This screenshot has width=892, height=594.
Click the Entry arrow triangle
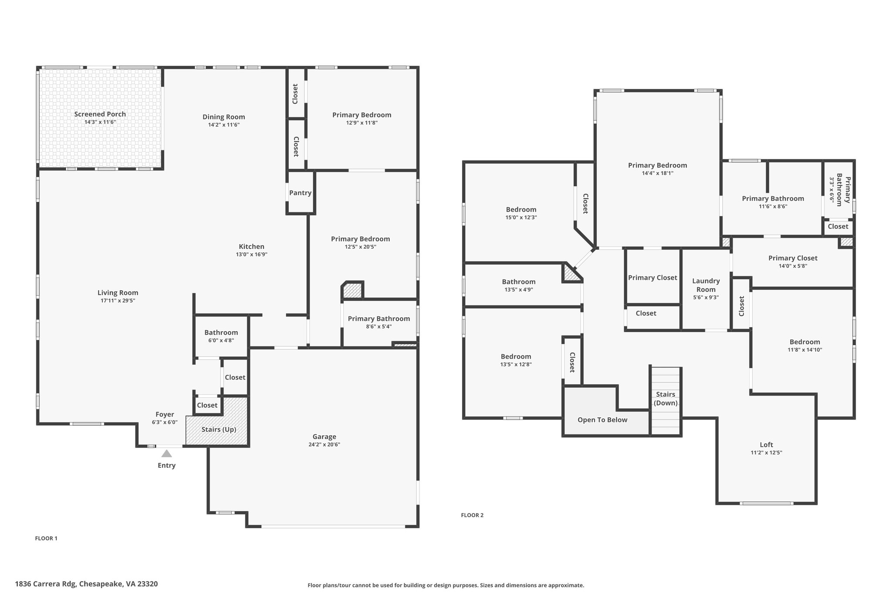(x=166, y=453)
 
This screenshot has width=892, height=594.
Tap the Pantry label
(x=301, y=193)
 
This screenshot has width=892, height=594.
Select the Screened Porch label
(x=100, y=114)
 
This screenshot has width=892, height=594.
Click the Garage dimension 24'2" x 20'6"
(x=324, y=445)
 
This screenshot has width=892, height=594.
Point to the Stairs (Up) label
(x=219, y=430)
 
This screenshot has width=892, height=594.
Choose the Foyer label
(x=165, y=415)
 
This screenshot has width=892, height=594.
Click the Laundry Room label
(x=706, y=285)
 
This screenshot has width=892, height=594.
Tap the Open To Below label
(x=602, y=420)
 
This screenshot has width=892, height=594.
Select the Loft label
(x=767, y=445)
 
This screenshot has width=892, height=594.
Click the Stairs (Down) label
(x=666, y=399)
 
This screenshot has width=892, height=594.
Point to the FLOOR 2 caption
(x=472, y=515)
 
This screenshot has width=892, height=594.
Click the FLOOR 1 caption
(x=46, y=538)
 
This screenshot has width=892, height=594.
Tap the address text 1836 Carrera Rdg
(x=46, y=584)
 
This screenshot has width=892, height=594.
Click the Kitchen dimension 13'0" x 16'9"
(x=252, y=255)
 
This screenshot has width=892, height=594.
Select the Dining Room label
(x=224, y=117)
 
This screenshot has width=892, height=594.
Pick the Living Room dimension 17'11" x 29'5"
(x=118, y=301)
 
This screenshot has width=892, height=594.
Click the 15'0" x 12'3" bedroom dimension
(x=521, y=218)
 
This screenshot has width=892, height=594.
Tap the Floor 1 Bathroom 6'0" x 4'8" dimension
(x=221, y=340)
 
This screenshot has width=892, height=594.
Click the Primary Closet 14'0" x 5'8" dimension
(x=793, y=266)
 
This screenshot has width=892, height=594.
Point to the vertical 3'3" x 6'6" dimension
(x=831, y=190)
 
